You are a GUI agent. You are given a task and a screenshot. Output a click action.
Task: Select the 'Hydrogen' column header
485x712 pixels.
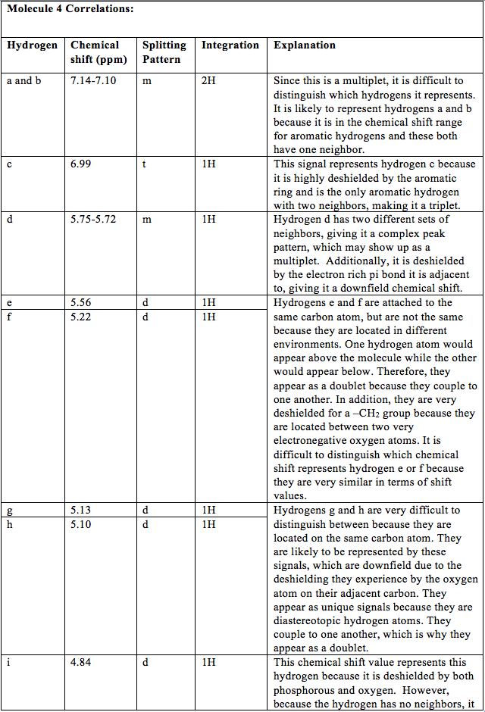tap(32, 45)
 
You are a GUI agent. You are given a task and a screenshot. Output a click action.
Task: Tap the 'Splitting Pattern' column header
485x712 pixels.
tap(164, 52)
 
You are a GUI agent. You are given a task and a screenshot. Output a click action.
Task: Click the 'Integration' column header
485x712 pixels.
tap(230, 45)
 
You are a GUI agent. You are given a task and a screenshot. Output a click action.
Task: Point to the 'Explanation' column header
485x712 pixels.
tap(305, 45)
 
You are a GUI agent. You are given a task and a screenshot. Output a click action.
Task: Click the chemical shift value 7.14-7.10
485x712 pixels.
tap(93, 80)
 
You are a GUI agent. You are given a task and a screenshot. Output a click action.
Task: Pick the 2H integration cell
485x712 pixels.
tap(208, 80)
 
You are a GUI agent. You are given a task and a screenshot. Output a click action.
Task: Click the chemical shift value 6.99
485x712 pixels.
tap(80, 164)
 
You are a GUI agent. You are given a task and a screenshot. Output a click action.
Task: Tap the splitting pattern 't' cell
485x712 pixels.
tap(144, 164)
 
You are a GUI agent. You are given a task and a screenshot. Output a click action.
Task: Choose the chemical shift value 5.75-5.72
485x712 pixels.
tap(93, 220)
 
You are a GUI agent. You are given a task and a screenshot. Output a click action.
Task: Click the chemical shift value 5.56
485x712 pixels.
tap(80, 302)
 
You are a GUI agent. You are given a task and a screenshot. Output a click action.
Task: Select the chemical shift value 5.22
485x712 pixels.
tap(80, 317)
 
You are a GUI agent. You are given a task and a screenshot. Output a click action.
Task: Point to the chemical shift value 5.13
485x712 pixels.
tap(80, 510)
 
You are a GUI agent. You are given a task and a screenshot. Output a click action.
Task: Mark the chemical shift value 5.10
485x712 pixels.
tap(80, 524)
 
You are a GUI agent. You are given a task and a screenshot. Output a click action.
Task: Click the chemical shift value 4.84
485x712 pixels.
tap(80, 662)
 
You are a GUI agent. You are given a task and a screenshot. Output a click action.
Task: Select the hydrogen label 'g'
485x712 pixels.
tap(10, 510)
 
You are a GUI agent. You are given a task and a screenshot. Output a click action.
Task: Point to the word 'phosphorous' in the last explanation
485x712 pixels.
tap(305, 690)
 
